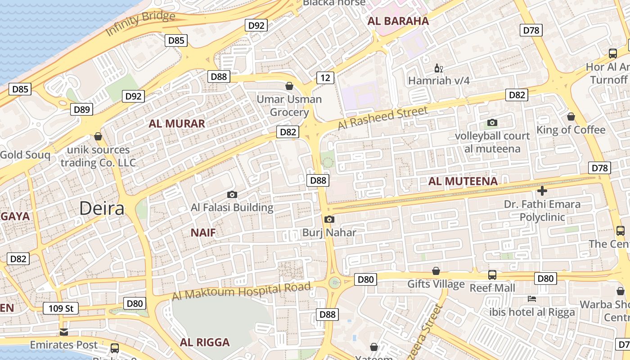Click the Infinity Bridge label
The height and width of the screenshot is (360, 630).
tap(140, 24)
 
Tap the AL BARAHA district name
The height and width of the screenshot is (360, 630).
tap(398, 21)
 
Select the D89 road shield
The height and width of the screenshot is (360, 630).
tap(82, 109)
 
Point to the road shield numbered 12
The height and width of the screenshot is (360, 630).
tap(325, 78)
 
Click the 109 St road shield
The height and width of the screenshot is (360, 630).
tap(61, 308)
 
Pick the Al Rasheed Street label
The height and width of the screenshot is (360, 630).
tap(382, 117)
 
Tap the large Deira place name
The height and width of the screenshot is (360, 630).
tap(102, 208)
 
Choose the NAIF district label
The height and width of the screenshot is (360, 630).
tap(203, 233)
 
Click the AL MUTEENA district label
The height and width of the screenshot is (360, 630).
tap(463, 181)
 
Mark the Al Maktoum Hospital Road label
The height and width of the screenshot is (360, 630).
tap(242, 291)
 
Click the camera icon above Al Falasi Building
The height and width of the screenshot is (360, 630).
tap(232, 194)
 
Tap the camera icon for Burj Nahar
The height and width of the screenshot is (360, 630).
tap(329, 219)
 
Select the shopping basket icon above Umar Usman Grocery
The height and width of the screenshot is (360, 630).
tap(289, 85)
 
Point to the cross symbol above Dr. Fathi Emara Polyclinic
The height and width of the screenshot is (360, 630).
tap(542, 191)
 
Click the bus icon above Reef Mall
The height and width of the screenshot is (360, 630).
tap(492, 274)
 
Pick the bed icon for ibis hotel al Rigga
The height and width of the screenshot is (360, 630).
tap(532, 298)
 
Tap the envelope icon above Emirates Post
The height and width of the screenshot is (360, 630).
tap(64, 332)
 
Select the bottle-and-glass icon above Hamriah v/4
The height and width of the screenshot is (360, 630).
tap(438, 68)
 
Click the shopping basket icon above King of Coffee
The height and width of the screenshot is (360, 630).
tap(571, 117)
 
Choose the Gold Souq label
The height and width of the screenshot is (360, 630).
tap(25, 155)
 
